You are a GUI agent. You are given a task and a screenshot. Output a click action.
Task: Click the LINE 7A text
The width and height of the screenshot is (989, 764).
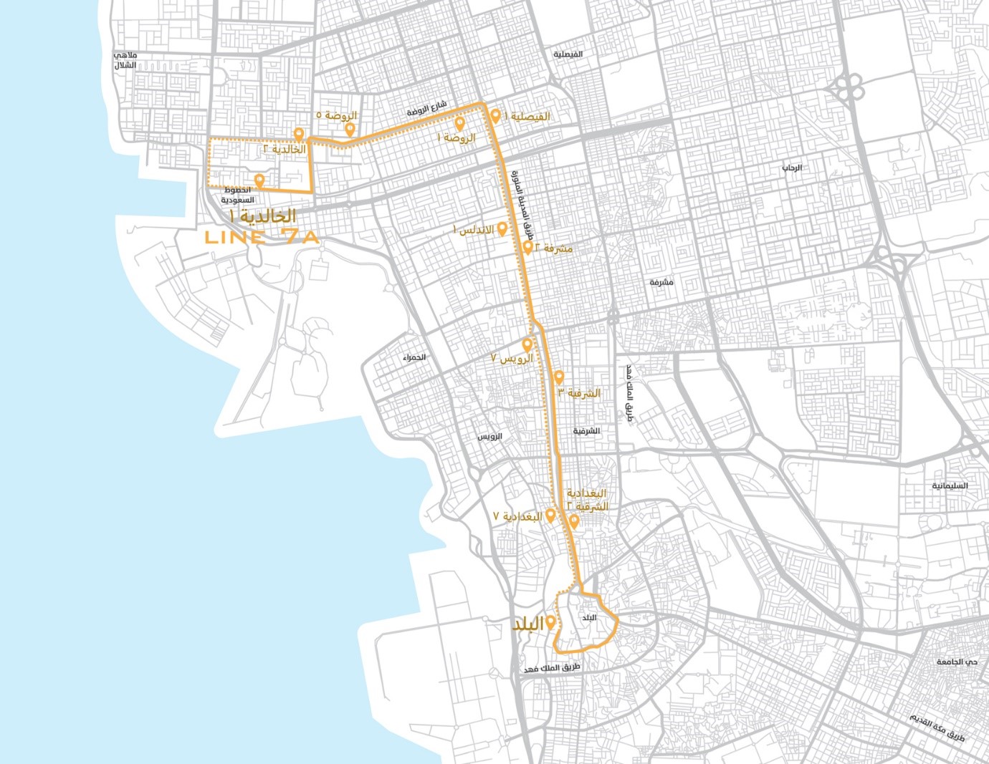pos(261,238)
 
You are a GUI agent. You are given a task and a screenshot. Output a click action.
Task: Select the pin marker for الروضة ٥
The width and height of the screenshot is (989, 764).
pos(350,130)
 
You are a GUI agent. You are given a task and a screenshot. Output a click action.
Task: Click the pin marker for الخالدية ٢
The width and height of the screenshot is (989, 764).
pos(298,135)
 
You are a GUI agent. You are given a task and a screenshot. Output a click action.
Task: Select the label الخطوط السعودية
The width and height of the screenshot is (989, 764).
pos(237,195)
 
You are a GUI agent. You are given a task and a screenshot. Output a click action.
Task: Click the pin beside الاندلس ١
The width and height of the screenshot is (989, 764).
pos(502,229)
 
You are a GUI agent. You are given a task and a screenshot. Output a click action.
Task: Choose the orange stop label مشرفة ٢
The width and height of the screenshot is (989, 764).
pos(554,248)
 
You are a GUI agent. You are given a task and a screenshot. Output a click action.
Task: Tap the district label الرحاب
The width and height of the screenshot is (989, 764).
pos(791,168)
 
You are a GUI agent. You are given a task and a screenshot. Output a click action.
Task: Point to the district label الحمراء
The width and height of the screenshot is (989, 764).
pos(414,357)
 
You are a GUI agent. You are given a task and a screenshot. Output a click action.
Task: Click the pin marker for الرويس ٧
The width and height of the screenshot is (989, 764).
pos(527,345)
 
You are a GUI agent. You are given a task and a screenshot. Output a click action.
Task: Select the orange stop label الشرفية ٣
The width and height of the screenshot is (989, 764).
pos(583,393)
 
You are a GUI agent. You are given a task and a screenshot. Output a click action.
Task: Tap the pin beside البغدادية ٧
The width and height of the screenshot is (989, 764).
pos(550,516)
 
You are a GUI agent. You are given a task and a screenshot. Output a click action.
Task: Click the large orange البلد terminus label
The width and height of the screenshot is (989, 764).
pos(527,624)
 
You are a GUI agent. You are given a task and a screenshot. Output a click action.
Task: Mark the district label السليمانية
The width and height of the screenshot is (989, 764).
pos(950,485)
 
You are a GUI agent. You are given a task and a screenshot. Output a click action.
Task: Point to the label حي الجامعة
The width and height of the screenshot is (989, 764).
pos(956,662)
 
